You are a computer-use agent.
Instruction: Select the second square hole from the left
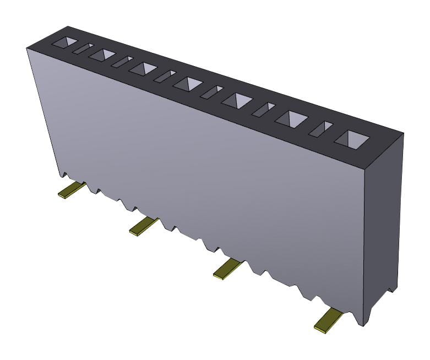(x=102, y=54)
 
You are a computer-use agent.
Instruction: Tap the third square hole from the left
(x=143, y=68)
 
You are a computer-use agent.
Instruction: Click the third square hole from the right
(x=237, y=100)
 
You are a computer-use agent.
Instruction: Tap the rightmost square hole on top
(x=351, y=139)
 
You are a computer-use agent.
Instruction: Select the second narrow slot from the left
(x=122, y=62)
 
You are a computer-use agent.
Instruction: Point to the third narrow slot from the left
(x=165, y=76)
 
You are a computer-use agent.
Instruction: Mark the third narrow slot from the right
(x=211, y=92)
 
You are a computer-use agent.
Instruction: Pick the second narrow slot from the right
(x=263, y=109)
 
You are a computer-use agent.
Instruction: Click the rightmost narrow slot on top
(x=320, y=129)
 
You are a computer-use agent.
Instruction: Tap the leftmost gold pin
(x=72, y=190)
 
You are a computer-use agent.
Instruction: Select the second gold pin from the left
(x=143, y=226)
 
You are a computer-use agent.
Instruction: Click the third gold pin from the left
(x=226, y=269)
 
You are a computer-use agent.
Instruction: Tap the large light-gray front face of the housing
(x=209, y=165)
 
